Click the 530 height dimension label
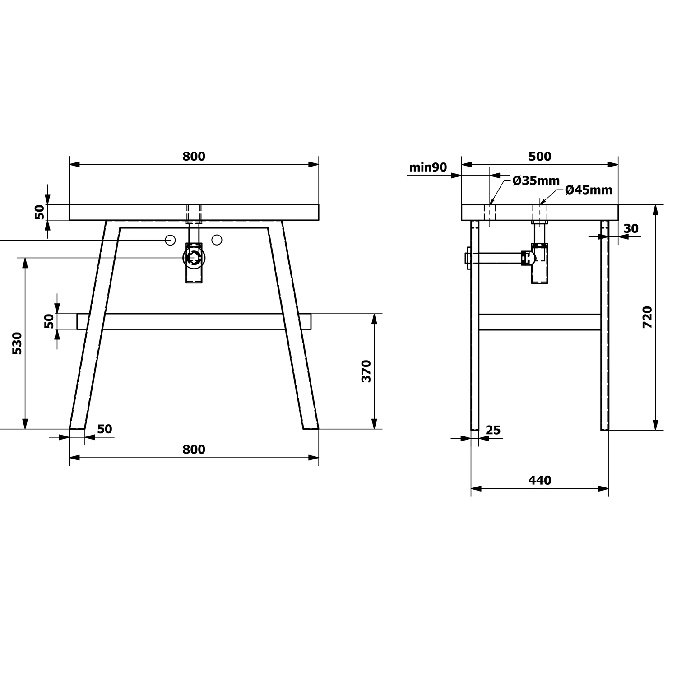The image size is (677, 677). [17, 343]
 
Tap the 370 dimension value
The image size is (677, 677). [366, 371]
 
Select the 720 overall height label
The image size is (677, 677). [647, 317]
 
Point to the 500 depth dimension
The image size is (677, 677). [540, 156]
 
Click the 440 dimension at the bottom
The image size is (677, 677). [540, 480]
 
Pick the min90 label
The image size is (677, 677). [428, 167]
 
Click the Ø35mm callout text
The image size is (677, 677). [536, 181]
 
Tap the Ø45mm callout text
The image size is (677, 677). [589, 190]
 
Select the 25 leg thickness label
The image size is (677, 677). [493, 430]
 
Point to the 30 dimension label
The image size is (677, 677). [631, 229]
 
